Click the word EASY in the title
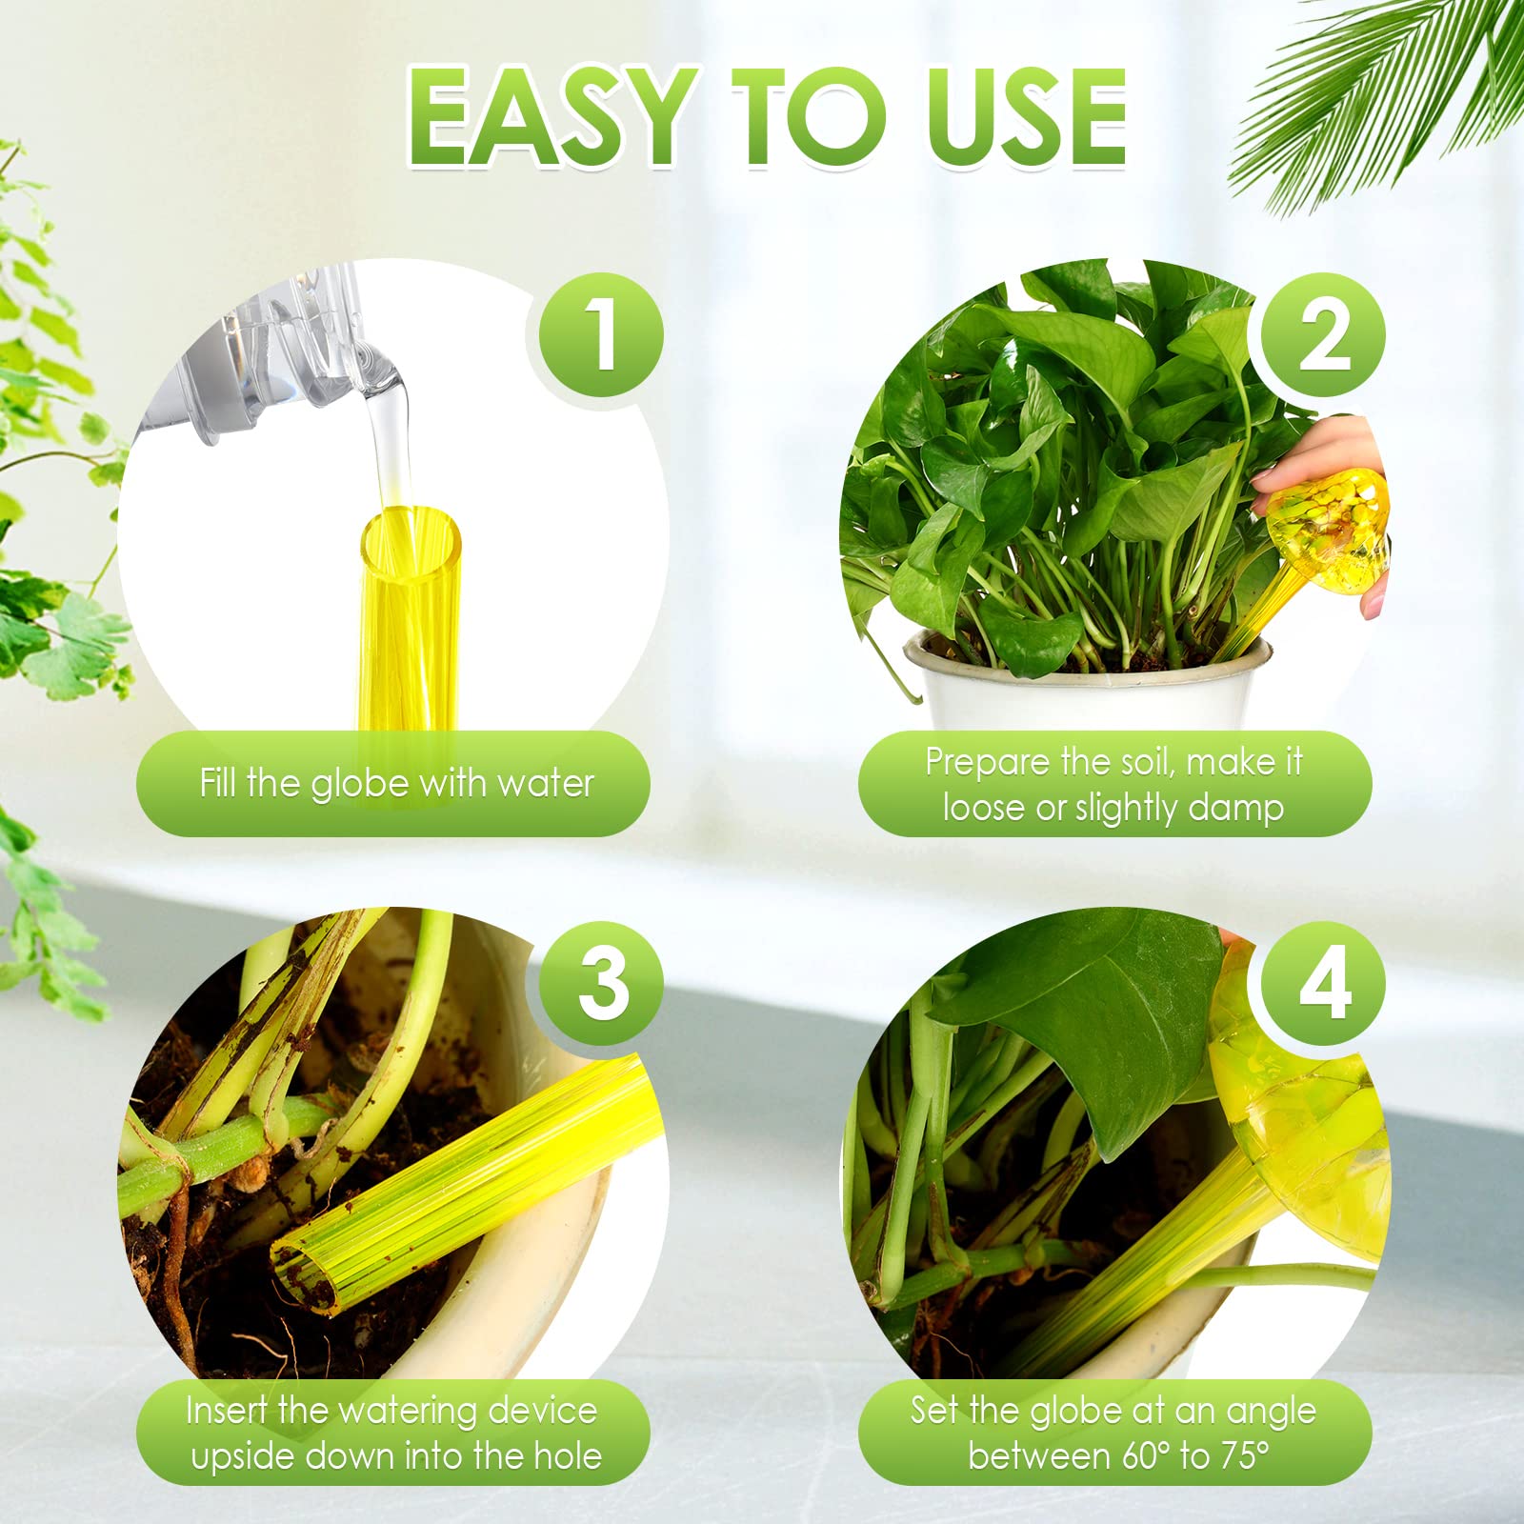551,117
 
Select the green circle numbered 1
601,335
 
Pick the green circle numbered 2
1323,335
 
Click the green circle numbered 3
601,983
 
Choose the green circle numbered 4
1323,983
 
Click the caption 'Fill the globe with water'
396,783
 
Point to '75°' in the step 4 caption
1239,1456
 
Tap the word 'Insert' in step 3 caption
227,1410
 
